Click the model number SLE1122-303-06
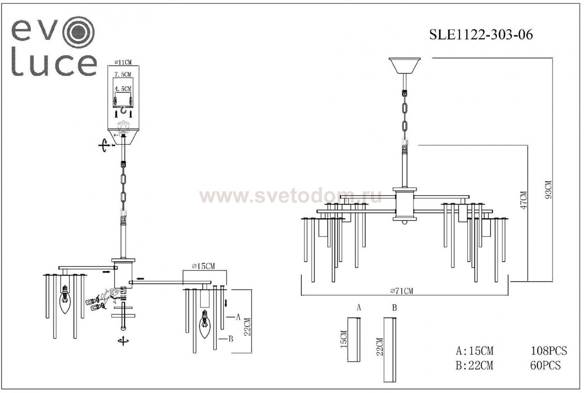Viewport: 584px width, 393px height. [481, 35]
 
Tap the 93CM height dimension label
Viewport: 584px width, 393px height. [548, 189]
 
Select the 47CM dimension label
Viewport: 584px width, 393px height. [524, 200]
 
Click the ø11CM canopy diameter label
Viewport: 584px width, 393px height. [123, 62]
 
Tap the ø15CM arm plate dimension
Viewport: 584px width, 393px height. [203, 266]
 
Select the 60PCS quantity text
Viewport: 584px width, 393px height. [545, 365]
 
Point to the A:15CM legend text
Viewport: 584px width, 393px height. [474, 351]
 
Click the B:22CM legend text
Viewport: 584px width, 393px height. [474, 366]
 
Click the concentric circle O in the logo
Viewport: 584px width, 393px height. [80, 30]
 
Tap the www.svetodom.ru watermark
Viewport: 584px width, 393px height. [290, 196]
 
